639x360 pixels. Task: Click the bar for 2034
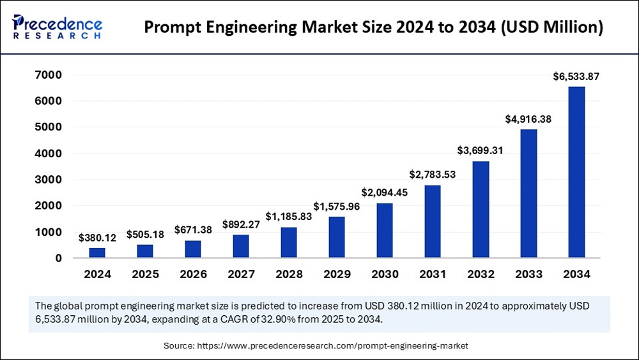coord(576,172)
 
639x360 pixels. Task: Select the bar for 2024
coord(97,253)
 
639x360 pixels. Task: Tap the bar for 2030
coord(385,230)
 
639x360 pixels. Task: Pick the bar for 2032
coord(481,209)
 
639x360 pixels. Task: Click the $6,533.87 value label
coord(576,77)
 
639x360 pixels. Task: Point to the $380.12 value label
coord(97,238)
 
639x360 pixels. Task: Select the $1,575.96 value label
coord(337,206)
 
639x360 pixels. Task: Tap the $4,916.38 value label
coord(528,118)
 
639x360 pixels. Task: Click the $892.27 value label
coord(241,224)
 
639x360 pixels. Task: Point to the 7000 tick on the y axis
coord(49,75)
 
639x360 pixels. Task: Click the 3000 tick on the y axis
coord(49,180)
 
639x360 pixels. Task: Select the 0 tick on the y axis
coord(58,258)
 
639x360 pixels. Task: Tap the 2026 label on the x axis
coord(193,274)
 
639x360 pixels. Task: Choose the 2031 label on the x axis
coord(433,274)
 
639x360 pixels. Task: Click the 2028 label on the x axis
coord(289,274)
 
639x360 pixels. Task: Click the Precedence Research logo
coord(57,27)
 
